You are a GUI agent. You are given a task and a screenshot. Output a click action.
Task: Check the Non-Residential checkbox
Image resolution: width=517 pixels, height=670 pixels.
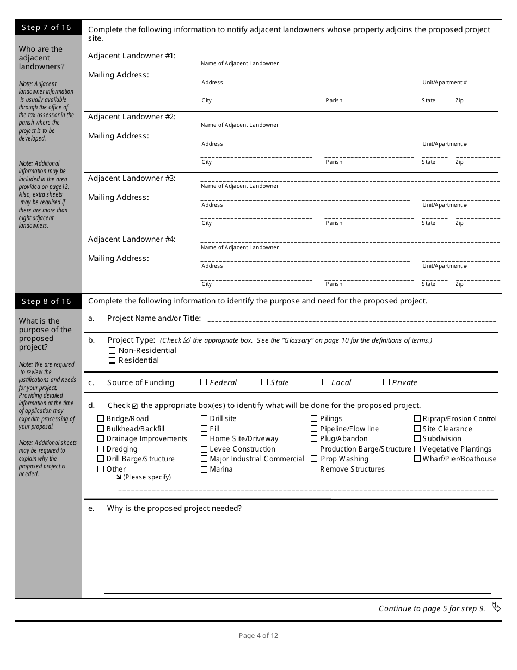pyautogui.click(x=112, y=351)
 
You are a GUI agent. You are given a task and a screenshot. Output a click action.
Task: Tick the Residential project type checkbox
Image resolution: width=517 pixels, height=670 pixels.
pyautogui.click(x=112, y=361)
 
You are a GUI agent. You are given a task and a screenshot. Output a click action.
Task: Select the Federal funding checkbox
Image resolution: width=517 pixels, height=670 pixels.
pyautogui.click(x=204, y=382)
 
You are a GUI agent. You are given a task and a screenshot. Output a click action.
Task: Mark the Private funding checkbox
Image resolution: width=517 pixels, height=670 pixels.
pyautogui.click(x=386, y=382)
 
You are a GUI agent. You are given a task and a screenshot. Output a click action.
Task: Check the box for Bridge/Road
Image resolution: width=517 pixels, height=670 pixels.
pyautogui.click(x=101, y=419)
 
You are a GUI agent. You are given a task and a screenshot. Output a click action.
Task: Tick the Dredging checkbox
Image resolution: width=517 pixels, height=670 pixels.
pyautogui.click(x=101, y=449)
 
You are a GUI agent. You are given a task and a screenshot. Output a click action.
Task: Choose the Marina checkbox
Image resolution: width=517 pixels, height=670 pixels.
pyautogui.click(x=204, y=470)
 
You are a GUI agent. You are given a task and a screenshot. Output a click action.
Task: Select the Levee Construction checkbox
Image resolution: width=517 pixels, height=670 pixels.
pyautogui.click(x=204, y=449)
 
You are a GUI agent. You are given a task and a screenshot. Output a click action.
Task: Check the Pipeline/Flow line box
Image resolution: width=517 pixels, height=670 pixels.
pyautogui.click(x=314, y=429)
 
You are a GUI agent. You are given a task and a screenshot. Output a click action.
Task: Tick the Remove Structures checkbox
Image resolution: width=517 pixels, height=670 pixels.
pyautogui.click(x=314, y=470)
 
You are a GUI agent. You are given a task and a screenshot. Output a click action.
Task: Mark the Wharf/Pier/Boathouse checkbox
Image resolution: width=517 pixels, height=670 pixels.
pyautogui.click(x=417, y=459)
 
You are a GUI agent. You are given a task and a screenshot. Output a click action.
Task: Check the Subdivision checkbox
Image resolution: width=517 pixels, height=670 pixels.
pyautogui.click(x=417, y=439)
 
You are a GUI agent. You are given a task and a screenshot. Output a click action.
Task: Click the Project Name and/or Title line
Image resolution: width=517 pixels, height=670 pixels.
pyautogui.click(x=351, y=320)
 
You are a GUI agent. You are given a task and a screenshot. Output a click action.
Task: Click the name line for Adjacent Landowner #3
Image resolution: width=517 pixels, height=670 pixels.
pyautogui.click(x=350, y=180)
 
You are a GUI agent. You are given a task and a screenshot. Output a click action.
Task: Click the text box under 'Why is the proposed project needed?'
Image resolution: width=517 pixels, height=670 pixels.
pyautogui.click(x=298, y=555)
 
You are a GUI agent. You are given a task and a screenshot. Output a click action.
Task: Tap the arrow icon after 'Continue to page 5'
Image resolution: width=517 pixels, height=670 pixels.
pyautogui.click(x=496, y=607)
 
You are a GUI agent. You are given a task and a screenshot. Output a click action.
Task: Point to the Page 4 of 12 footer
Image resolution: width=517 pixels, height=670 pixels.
pyautogui.click(x=258, y=635)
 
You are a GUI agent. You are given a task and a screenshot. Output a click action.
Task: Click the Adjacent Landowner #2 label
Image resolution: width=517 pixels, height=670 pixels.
pyautogui.click(x=132, y=117)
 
